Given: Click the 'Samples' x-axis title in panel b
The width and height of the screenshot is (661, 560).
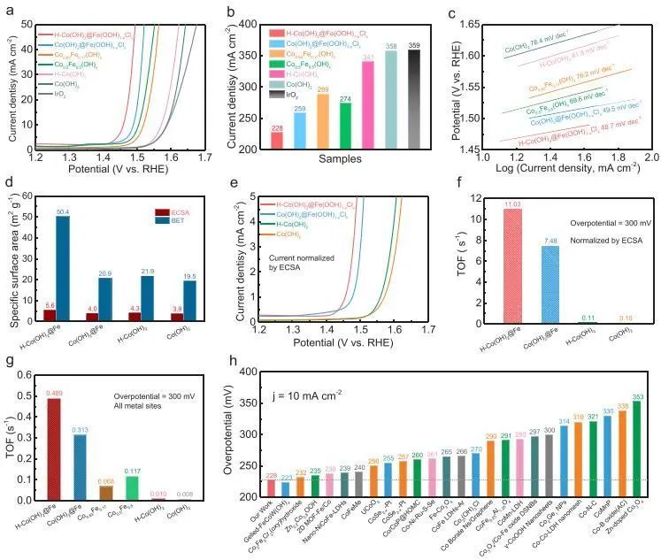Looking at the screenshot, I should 342,158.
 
